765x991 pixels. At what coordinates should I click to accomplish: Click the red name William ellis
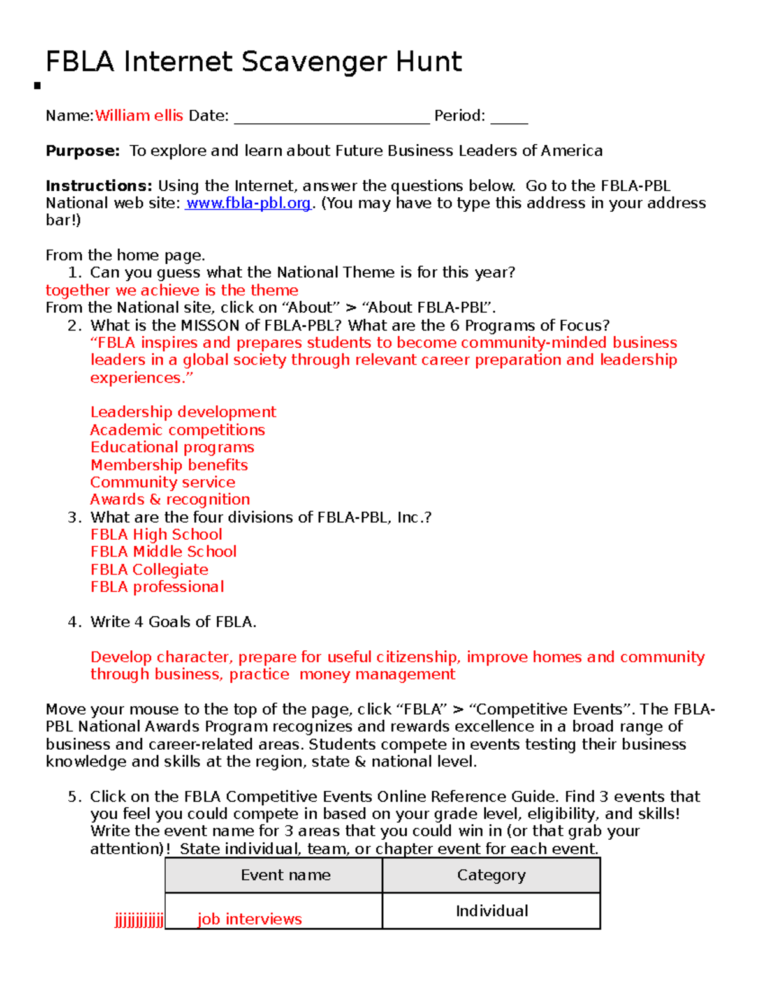[139, 115]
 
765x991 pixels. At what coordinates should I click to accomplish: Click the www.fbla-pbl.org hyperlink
[248, 203]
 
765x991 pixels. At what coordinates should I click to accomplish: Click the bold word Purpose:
[82, 151]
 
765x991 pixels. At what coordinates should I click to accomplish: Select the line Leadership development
[183, 412]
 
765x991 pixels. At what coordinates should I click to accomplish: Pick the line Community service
[163, 482]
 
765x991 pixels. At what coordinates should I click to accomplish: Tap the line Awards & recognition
[170, 500]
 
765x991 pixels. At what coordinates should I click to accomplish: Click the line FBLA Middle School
[163, 552]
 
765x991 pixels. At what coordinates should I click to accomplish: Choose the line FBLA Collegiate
[149, 570]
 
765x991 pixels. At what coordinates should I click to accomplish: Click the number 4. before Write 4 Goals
[75, 622]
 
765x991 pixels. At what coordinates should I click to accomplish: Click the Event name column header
[286, 875]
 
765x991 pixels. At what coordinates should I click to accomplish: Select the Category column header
[491, 875]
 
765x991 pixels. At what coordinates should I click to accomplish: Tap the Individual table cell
[492, 911]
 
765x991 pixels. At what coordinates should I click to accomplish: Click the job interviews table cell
[249, 919]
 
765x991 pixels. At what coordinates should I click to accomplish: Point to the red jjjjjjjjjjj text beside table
[139, 920]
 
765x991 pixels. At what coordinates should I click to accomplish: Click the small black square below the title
[38, 86]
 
